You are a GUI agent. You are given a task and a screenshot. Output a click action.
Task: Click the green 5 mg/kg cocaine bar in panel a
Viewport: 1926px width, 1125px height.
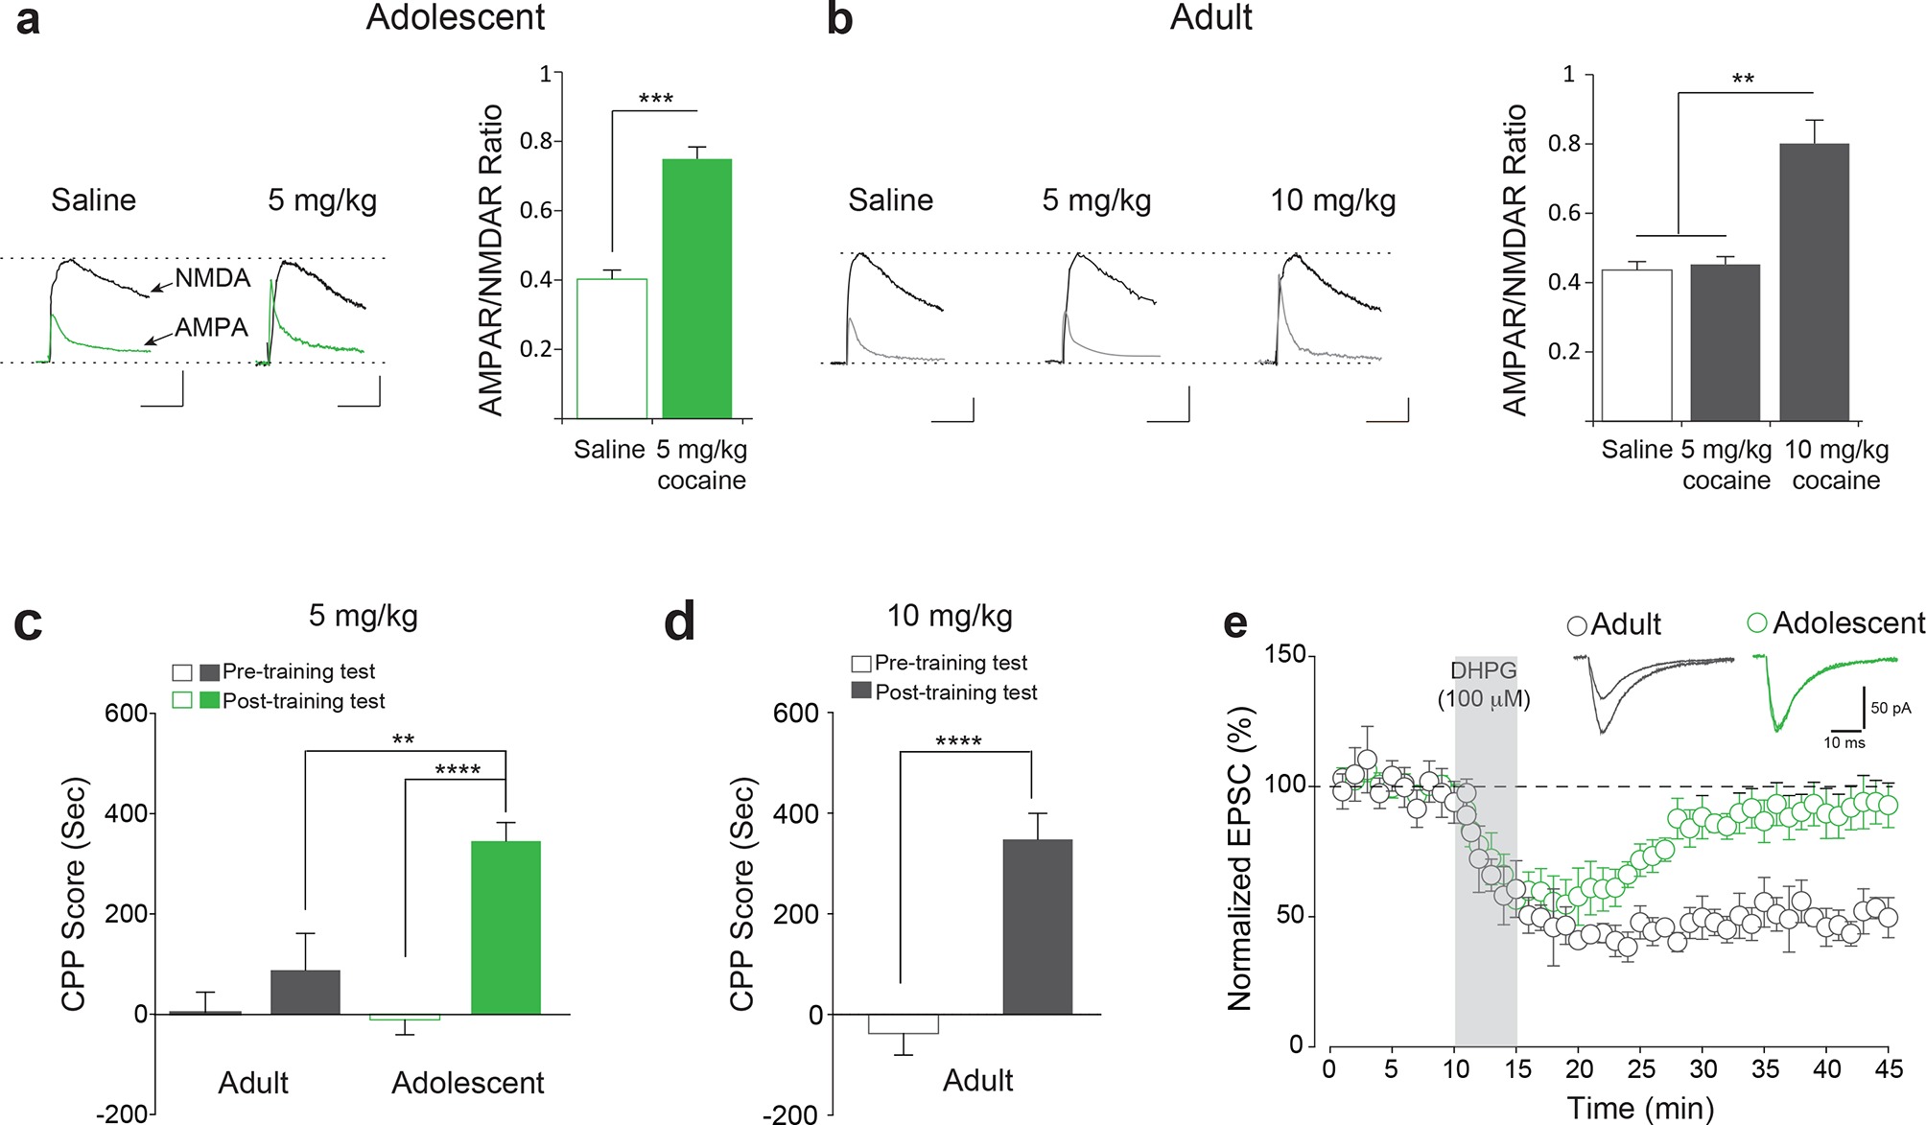697,288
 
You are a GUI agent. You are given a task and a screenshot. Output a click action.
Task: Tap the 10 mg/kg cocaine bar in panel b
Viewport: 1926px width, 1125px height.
1814,282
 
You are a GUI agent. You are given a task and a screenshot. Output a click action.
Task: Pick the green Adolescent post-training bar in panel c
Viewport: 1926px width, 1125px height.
505,926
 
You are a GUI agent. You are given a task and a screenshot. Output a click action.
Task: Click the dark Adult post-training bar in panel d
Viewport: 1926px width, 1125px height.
1037,926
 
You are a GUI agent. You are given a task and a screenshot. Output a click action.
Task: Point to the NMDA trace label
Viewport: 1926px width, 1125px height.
212,278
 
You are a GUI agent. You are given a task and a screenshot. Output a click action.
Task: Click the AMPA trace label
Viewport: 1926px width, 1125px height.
211,328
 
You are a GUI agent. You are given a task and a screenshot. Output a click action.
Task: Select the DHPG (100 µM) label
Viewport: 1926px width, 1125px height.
1484,685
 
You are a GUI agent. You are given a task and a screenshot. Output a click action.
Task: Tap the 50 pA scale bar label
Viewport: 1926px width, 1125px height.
1891,708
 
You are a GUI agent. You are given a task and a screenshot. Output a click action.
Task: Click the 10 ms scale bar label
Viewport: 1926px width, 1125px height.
1844,742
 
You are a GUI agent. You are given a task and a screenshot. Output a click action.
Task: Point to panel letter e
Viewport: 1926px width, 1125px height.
1235,623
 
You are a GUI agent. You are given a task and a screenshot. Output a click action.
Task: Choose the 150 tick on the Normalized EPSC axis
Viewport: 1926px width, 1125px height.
1285,655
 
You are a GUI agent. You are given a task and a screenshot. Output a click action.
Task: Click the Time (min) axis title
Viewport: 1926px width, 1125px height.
1640,1109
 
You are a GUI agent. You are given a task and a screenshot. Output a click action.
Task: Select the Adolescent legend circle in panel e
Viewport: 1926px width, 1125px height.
1757,623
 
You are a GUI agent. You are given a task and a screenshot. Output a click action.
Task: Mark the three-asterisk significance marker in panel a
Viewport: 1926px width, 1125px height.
656,99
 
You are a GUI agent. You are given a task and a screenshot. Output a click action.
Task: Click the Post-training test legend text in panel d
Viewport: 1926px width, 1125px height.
956,692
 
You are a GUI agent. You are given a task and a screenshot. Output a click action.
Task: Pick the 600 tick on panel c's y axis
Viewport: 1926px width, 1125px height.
127,714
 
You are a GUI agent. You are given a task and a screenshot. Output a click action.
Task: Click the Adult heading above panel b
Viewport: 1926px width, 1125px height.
1210,17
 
